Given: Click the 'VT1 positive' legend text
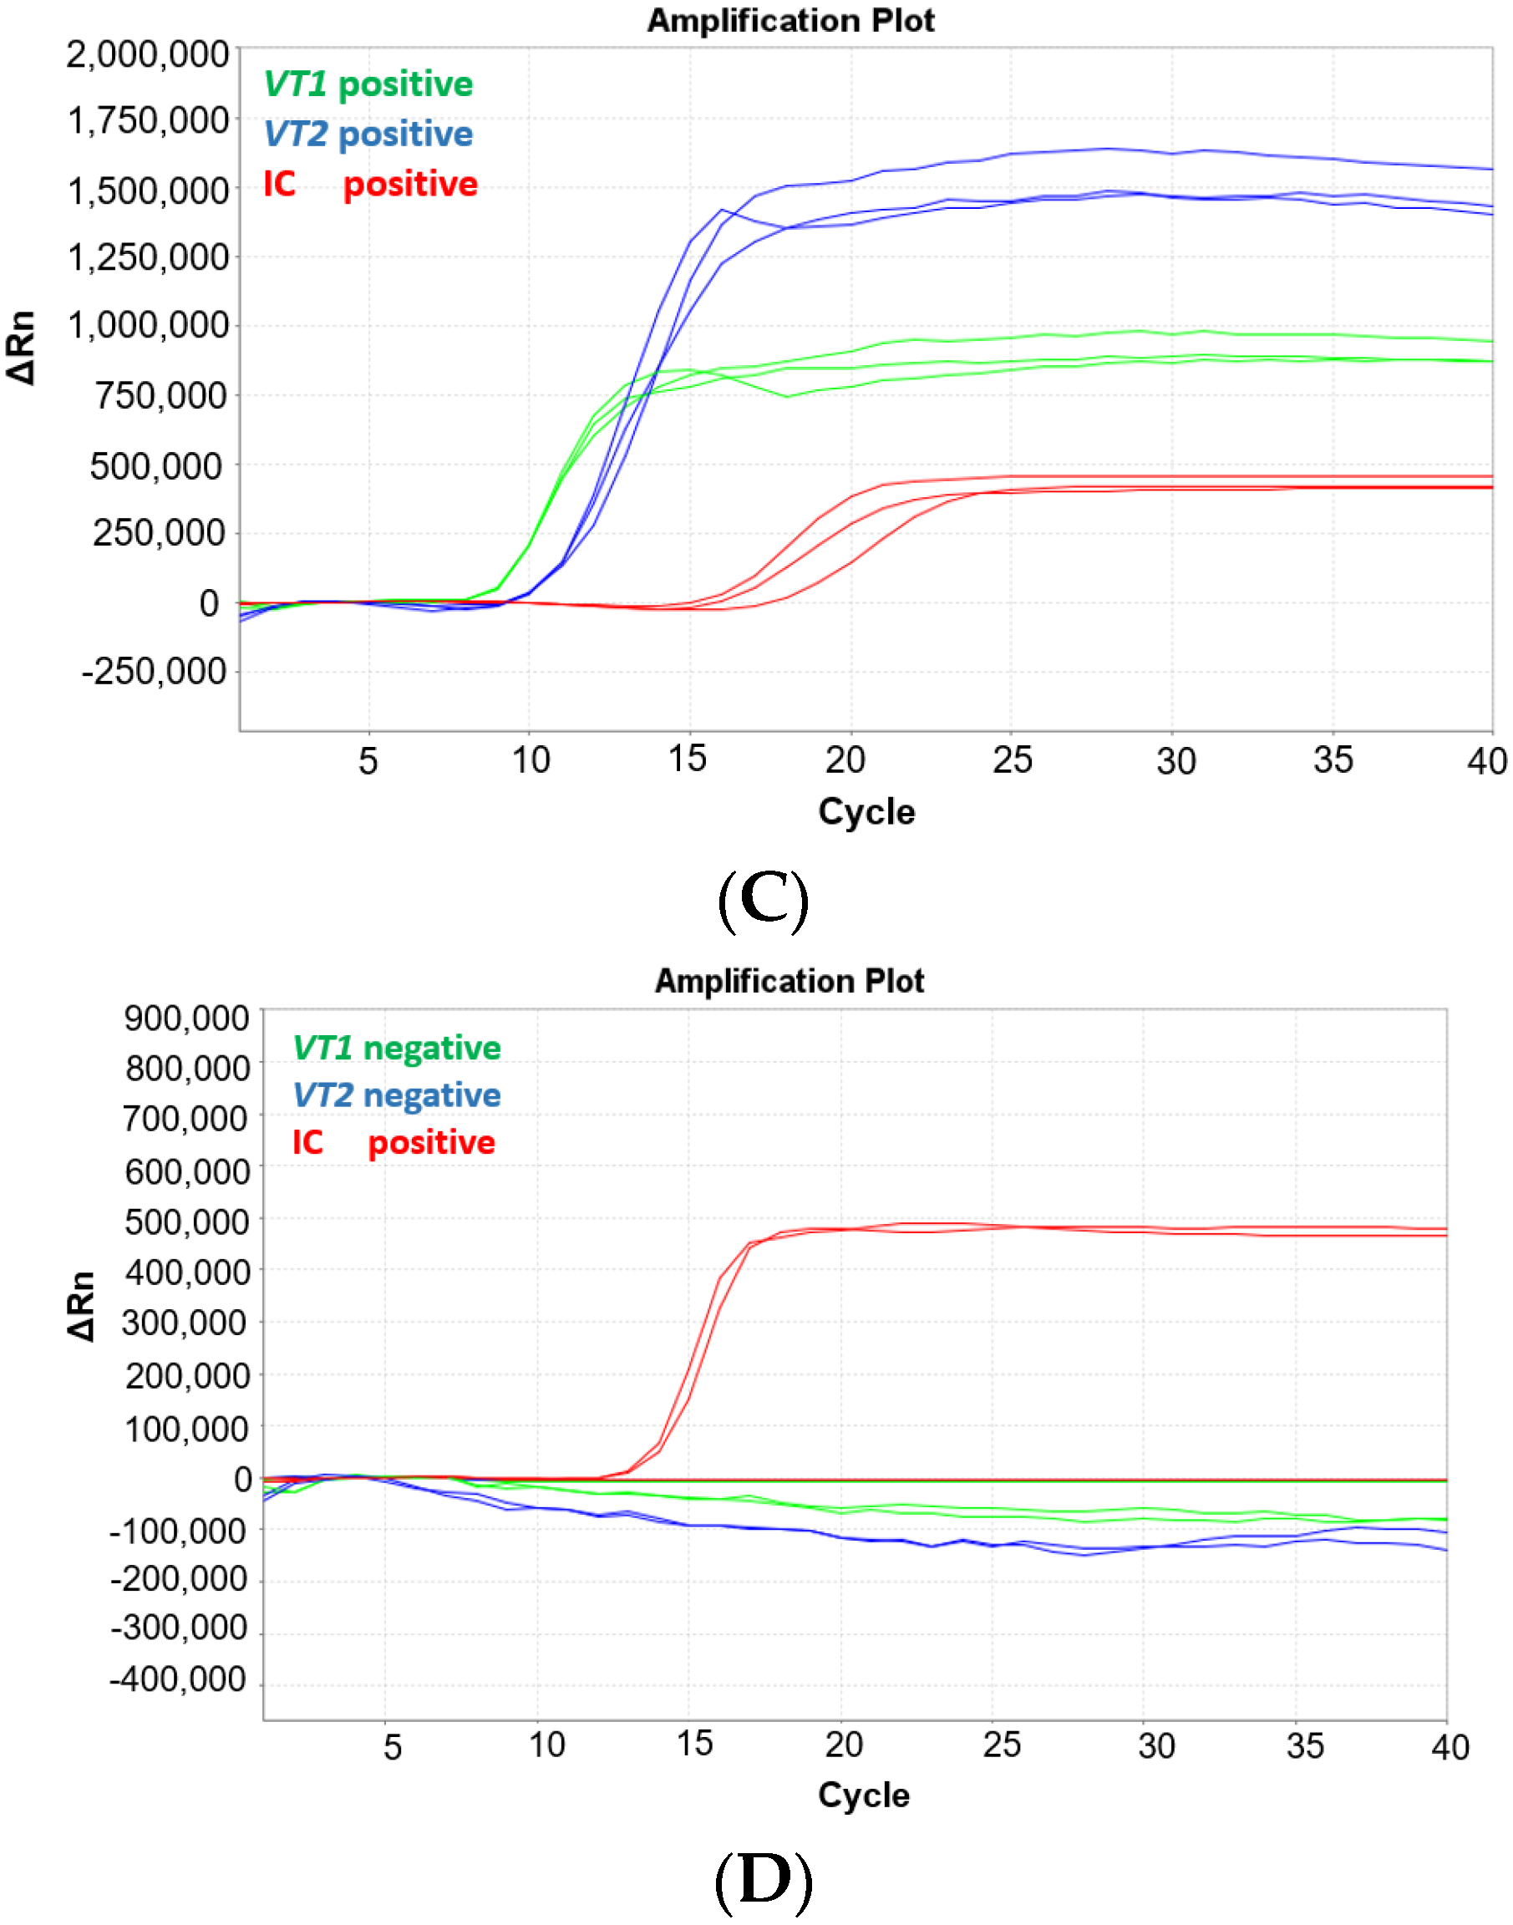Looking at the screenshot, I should click(368, 84).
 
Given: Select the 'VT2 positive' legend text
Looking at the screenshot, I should click(368, 134).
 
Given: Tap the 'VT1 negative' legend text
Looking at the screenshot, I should click(396, 1047).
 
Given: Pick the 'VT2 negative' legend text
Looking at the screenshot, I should click(396, 1095).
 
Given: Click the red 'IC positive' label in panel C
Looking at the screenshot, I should click(370, 185).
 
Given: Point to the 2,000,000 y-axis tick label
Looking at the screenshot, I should click(148, 55).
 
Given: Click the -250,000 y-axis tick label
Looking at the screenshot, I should click(154, 672).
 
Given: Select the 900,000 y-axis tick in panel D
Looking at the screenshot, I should click(187, 1018).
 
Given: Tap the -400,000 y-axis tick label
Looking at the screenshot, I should click(178, 1679).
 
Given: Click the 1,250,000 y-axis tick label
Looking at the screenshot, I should click(148, 258).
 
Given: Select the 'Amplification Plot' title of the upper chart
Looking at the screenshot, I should click(790, 20).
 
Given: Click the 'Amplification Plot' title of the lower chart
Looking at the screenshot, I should click(789, 981).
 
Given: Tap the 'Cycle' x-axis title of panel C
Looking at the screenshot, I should click(866, 811).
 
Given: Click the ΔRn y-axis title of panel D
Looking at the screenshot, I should click(80, 1306).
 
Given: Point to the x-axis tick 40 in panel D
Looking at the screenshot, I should click(1450, 1748).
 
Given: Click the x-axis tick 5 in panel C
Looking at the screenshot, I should click(368, 761).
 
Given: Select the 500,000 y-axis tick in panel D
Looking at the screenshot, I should click(187, 1222).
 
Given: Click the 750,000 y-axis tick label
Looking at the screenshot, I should click(160, 395).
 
